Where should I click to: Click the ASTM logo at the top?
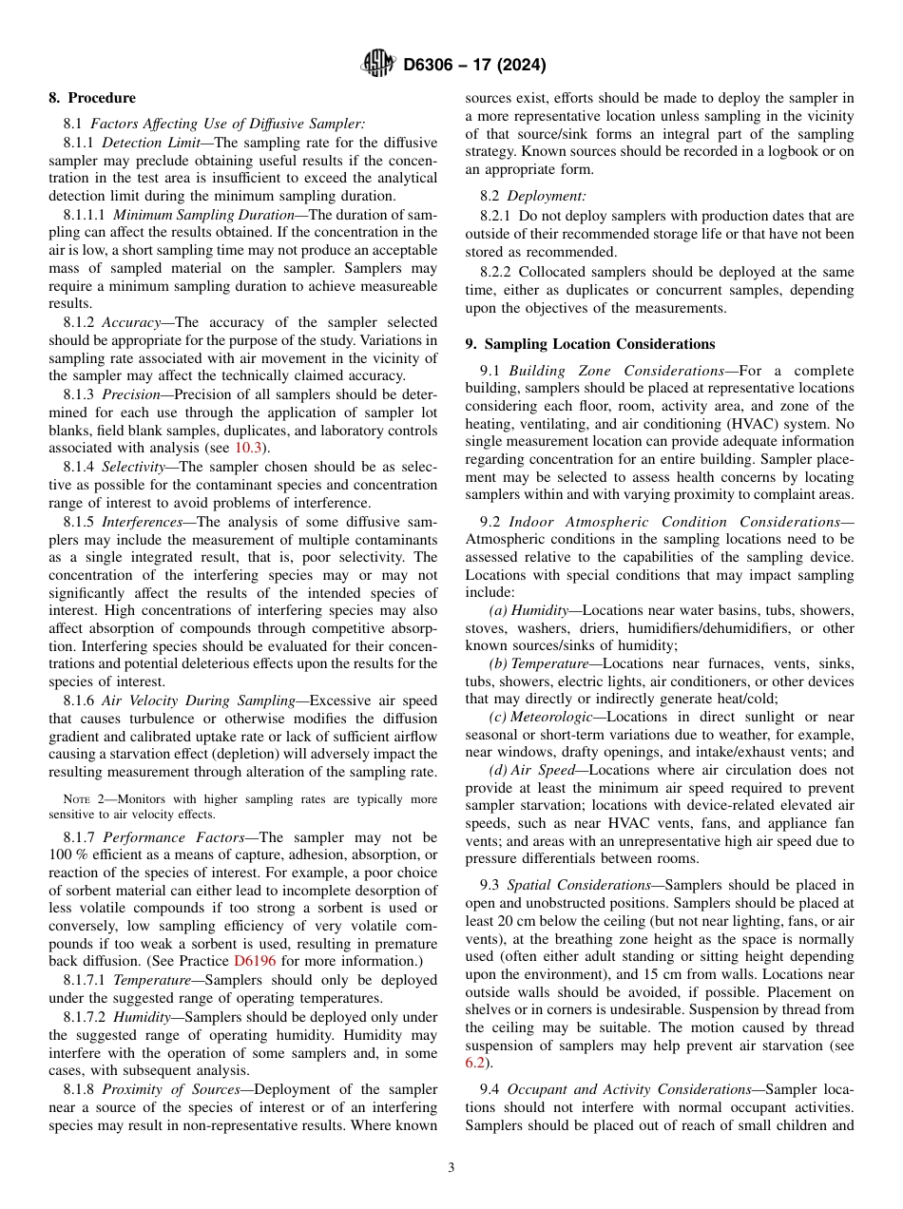point(378,65)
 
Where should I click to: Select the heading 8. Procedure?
point(92,98)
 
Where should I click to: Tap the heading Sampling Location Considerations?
point(599,344)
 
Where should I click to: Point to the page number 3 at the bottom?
point(451,1168)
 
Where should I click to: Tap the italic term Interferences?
point(145,522)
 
